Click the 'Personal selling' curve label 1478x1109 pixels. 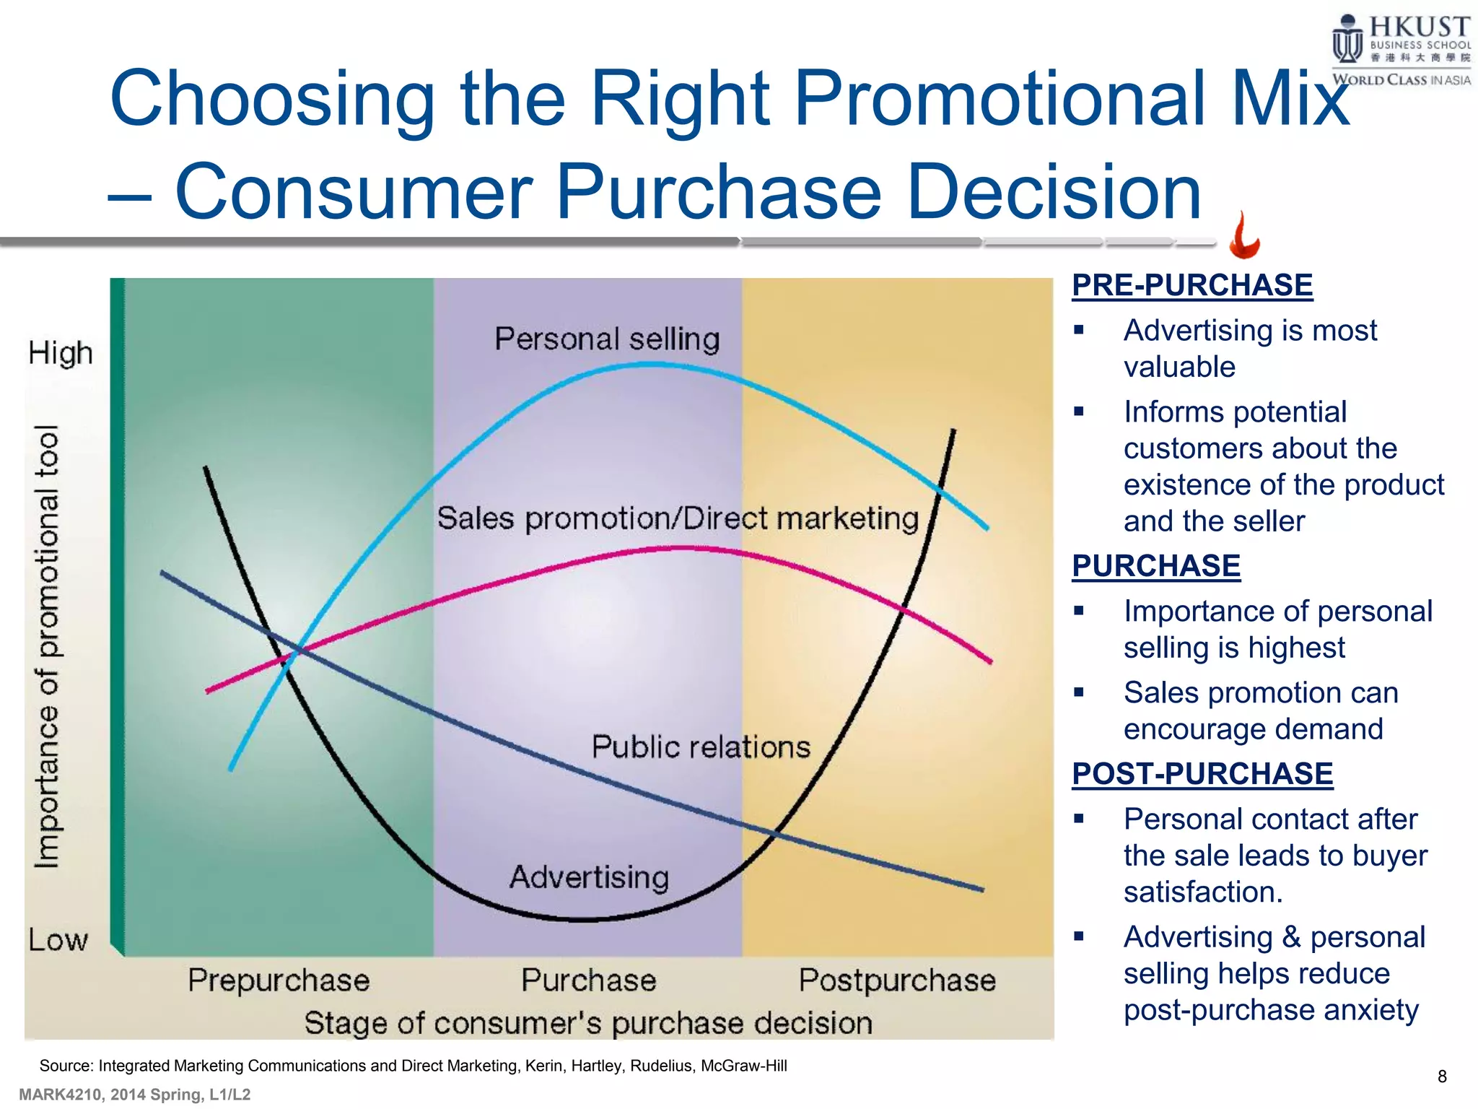[607, 339]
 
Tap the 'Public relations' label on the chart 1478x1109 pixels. [701, 747]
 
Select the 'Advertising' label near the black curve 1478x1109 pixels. [590, 878]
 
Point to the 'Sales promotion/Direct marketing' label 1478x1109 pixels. [678, 519]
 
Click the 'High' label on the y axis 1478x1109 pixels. [61, 354]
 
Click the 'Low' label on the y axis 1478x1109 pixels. [58, 940]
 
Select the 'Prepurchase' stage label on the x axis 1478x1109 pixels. [279, 980]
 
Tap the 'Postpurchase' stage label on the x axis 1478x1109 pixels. [897, 980]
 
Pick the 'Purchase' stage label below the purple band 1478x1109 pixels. [589, 980]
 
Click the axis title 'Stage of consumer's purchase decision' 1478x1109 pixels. [588, 1023]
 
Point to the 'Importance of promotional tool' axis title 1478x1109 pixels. [48, 646]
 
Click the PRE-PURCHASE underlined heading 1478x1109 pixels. [1191, 285]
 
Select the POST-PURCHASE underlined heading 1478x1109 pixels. [1202, 774]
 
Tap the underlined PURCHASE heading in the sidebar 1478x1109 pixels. [1155, 566]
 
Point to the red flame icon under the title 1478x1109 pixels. [1244, 236]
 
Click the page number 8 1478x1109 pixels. [1442, 1077]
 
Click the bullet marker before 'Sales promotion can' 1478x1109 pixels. [1079, 692]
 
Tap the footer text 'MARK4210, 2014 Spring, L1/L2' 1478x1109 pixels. [135, 1095]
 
